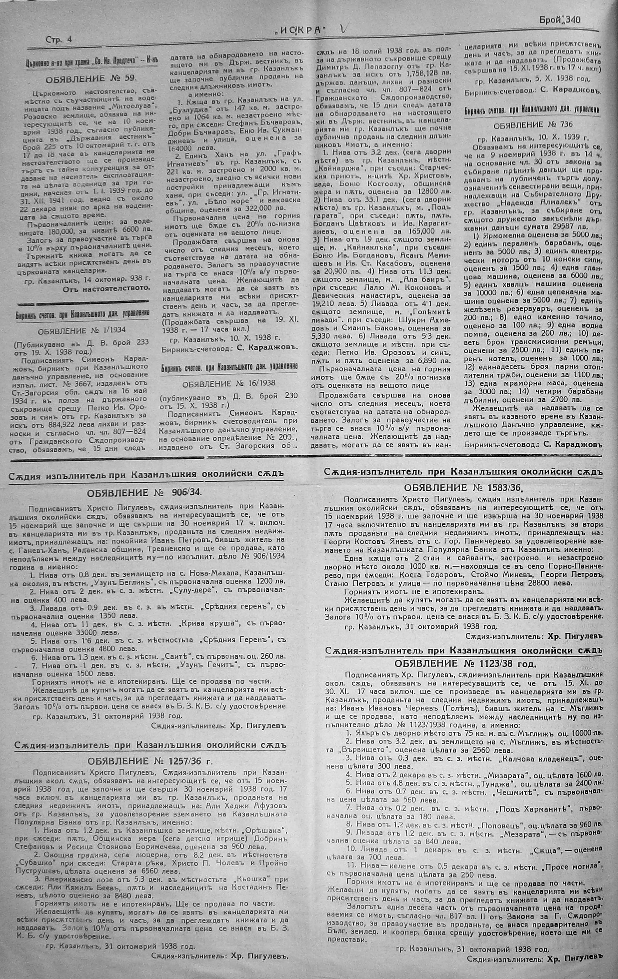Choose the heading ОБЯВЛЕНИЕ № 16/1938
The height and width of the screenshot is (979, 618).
229,383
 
